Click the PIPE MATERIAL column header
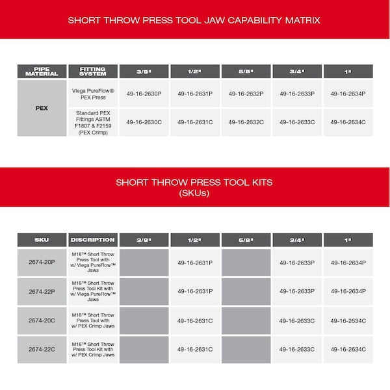42,71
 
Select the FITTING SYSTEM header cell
92,71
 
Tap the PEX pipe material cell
42,107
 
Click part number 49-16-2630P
144,94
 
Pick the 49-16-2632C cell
246,122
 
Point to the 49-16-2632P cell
246,94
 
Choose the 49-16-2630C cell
144,122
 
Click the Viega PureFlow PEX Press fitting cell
92,94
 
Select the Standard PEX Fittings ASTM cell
92,122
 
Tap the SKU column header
42,240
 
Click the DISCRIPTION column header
92,240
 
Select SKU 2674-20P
42,263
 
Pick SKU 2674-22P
42,291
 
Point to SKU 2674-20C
42,320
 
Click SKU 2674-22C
42,349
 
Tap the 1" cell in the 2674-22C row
348,349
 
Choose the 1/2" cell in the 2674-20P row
195,263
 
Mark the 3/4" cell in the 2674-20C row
297,320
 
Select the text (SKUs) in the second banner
195,193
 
